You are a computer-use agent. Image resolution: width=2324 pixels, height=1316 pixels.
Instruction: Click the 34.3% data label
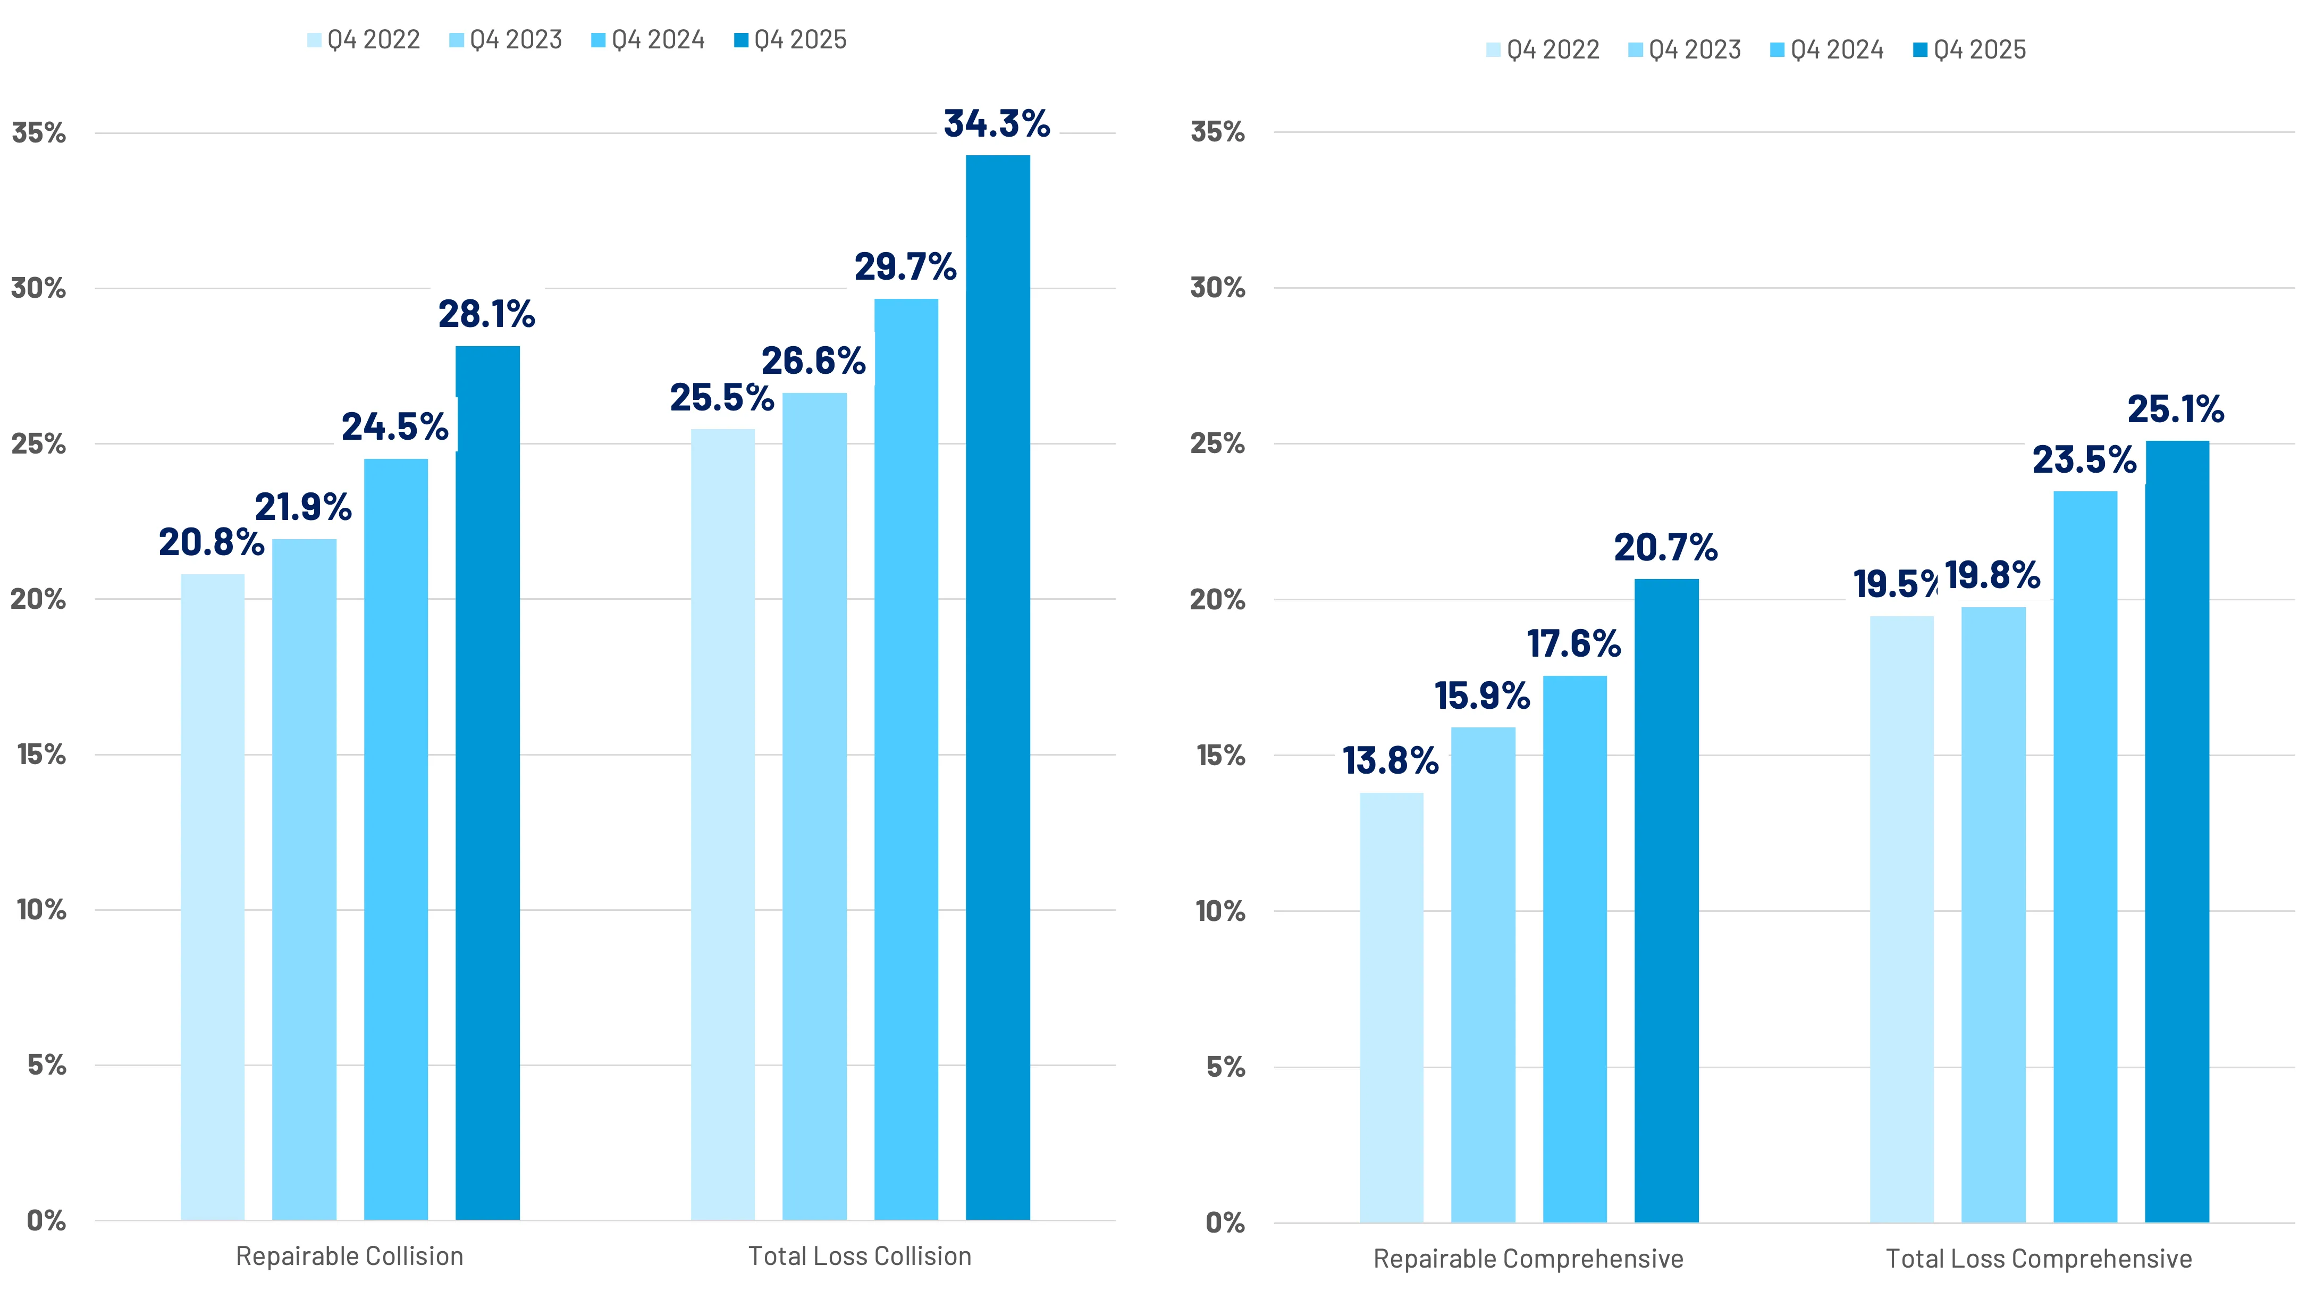(997, 124)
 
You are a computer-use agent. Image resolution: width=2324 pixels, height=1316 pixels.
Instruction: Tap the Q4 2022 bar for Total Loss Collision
(723, 824)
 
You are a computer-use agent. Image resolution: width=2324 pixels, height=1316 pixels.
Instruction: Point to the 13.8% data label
(1390, 761)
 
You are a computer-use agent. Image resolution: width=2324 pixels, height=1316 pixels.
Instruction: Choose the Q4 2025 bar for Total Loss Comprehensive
(2177, 832)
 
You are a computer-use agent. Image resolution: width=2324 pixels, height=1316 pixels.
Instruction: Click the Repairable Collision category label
(350, 1256)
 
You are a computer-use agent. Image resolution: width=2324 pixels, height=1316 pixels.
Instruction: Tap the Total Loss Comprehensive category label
(2039, 1259)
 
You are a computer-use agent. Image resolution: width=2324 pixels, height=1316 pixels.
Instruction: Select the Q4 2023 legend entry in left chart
(506, 40)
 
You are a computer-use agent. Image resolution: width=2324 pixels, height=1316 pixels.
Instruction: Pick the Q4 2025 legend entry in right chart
(1970, 49)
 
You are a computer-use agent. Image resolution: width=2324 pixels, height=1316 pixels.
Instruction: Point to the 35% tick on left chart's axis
(39, 133)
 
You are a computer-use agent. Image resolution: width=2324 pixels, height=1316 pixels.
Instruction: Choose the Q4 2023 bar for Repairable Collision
(305, 879)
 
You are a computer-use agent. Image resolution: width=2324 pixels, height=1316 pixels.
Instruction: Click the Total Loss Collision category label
(860, 1256)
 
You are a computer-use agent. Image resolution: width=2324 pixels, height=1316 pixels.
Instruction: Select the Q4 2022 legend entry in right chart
(1543, 49)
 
